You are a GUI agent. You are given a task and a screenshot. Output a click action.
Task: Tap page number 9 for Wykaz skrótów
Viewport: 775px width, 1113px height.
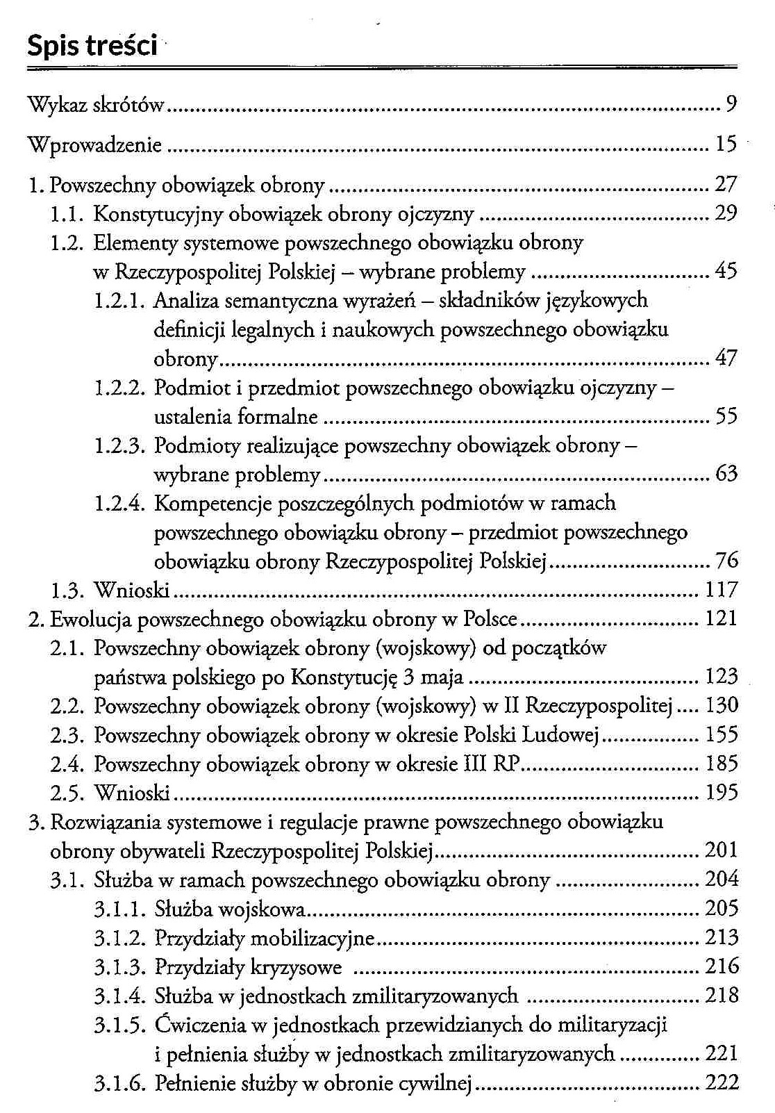(x=730, y=104)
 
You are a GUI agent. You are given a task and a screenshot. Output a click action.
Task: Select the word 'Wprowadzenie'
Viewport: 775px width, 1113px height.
(x=94, y=145)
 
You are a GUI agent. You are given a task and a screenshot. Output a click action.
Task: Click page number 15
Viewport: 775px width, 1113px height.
(x=725, y=145)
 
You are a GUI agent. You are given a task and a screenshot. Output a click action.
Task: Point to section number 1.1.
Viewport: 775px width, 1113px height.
(x=67, y=213)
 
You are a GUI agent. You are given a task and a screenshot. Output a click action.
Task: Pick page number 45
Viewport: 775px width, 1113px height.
(x=725, y=272)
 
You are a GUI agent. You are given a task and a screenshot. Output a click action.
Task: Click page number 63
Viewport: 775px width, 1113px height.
(x=725, y=475)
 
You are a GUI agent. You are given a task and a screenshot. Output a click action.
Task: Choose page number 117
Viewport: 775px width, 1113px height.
(x=721, y=591)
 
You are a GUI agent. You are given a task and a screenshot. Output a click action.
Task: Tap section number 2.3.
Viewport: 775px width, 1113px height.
(x=67, y=735)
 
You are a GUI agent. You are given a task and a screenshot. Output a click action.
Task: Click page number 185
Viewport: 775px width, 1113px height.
(x=721, y=764)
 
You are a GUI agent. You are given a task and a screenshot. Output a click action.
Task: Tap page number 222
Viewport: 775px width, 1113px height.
(x=722, y=1082)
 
